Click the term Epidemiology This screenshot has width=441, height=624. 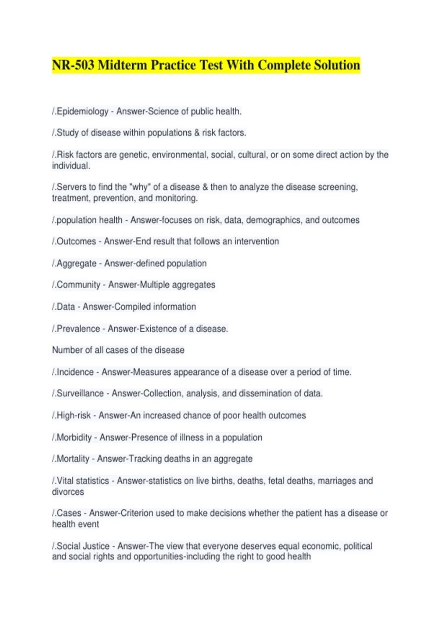[82, 111]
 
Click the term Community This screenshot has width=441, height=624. [78, 284]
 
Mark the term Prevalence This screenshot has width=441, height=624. [78, 329]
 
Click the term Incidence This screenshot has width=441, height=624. [75, 372]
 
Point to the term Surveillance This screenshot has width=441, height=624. [80, 393]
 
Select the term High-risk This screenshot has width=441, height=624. [73, 415]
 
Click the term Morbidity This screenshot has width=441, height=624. [74, 437]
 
